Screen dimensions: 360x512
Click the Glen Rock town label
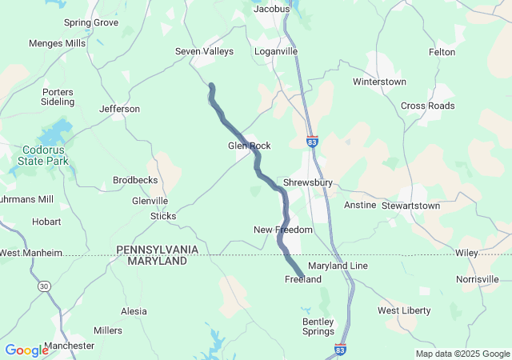click(250, 146)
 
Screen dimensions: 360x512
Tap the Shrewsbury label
click(307, 182)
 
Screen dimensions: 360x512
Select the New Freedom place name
click(283, 230)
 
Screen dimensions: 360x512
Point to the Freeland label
click(303, 279)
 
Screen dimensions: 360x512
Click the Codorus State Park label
click(43, 155)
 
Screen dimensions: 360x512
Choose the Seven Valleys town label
click(204, 51)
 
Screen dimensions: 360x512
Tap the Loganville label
click(276, 51)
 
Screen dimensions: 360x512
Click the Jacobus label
click(271, 10)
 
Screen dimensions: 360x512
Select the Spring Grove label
click(90, 22)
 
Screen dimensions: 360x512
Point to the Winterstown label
click(379, 82)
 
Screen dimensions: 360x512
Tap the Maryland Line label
click(338, 265)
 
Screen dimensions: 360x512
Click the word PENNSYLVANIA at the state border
click(158, 250)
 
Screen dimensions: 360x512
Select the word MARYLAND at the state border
click(157, 262)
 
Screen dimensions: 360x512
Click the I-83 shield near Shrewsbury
click(312, 142)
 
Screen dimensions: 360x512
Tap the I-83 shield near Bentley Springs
click(340, 350)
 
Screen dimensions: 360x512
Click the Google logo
click(26, 350)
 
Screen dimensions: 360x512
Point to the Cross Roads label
click(428, 106)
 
